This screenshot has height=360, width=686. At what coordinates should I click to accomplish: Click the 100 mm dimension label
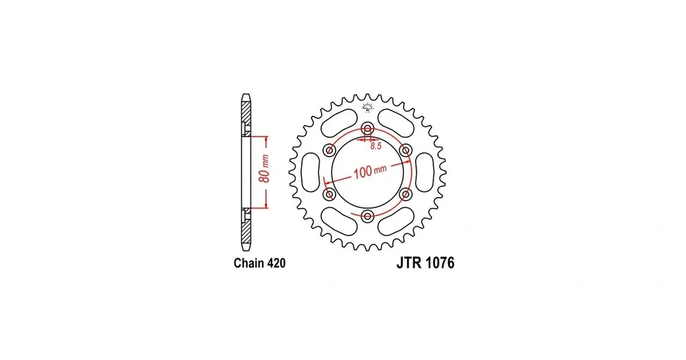370,171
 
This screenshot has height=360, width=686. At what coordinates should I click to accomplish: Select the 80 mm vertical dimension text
264,168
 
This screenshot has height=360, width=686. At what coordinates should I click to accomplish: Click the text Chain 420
259,263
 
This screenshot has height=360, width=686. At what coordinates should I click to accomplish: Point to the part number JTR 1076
425,263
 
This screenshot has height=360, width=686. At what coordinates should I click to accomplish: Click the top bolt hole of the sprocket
368,129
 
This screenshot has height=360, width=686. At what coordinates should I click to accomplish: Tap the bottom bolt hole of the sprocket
368,215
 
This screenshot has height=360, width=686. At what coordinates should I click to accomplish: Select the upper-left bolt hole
329,150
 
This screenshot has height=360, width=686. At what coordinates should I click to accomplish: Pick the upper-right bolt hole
405,150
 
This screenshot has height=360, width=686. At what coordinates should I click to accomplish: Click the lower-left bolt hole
329,194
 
